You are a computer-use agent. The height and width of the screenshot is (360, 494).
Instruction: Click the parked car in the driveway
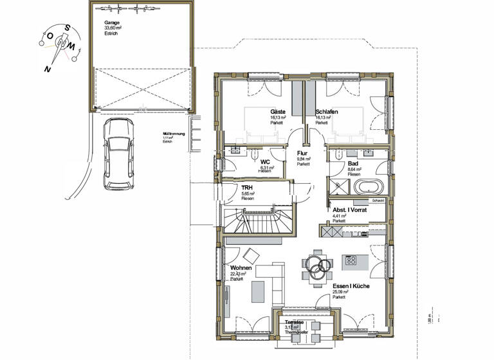click(x=118, y=155)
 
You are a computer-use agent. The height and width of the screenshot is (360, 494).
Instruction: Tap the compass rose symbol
click(x=62, y=42)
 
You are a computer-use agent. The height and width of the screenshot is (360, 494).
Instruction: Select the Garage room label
click(x=112, y=23)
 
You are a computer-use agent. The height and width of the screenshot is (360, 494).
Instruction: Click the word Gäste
click(x=278, y=112)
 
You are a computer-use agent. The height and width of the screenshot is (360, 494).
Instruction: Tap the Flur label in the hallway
click(x=302, y=154)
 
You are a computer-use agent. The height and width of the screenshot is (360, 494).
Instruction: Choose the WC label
click(x=264, y=162)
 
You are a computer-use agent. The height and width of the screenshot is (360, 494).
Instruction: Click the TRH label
click(x=247, y=187)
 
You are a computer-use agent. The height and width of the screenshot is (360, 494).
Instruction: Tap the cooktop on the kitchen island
click(x=352, y=260)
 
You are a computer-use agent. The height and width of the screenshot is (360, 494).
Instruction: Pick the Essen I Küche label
click(x=351, y=286)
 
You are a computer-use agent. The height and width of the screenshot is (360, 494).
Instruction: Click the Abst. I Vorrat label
click(x=349, y=210)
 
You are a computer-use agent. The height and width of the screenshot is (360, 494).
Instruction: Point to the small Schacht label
click(x=378, y=201)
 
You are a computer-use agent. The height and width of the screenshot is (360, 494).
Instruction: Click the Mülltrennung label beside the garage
click(x=174, y=134)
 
